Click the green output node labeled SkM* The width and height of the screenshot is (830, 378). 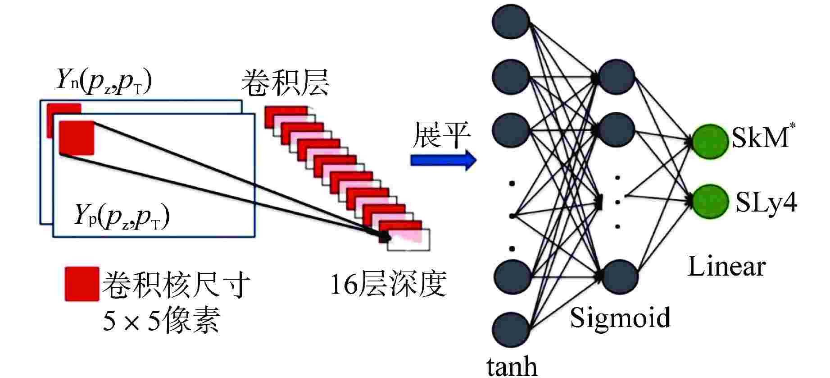710,141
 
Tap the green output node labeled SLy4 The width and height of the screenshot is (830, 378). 710,202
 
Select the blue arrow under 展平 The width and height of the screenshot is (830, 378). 443,160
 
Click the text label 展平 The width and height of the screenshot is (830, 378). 442,135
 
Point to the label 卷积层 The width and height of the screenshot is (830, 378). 285,83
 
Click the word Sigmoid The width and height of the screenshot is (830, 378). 620,317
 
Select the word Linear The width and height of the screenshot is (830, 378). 726,267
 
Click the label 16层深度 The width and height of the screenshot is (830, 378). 388,284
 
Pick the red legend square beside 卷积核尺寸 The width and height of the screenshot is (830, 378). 82,284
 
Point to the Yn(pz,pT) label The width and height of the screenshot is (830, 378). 104,81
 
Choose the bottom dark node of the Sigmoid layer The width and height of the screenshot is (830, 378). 620,276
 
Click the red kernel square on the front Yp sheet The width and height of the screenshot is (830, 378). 77,138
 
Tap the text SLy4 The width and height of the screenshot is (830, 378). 766,203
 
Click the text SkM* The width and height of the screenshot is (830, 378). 761,138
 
